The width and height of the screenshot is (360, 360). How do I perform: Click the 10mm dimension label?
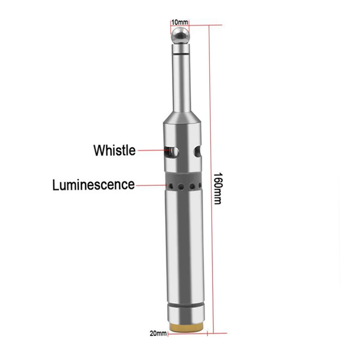[180, 22]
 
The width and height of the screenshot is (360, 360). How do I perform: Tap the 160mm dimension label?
[218, 188]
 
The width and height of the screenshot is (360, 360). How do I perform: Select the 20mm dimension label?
[158, 333]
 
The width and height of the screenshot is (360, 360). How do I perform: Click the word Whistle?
[115, 150]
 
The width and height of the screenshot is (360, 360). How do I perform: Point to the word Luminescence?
[94, 185]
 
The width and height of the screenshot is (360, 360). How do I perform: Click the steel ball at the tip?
[180, 36]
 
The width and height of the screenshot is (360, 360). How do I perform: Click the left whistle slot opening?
[171, 151]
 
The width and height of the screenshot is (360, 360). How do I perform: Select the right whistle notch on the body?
[198, 151]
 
